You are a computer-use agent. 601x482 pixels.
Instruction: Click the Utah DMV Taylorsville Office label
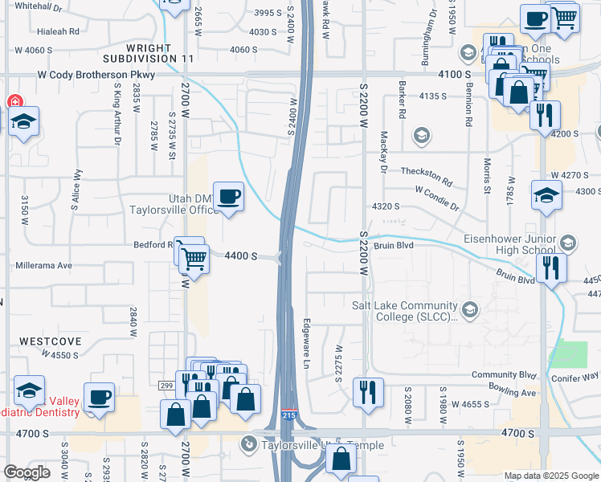point(172,204)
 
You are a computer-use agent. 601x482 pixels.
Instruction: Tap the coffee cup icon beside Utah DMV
point(229,195)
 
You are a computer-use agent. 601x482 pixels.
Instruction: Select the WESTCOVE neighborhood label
point(51,341)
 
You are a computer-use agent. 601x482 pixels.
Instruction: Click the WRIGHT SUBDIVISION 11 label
point(149,52)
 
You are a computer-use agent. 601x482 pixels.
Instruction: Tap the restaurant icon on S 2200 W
point(367,392)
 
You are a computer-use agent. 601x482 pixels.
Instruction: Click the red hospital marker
point(14,102)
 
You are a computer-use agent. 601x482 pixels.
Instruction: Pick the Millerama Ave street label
point(43,265)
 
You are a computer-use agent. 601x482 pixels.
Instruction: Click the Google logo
point(27,472)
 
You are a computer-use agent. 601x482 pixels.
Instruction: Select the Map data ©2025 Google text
point(551,476)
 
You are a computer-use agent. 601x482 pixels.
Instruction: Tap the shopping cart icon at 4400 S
point(193,258)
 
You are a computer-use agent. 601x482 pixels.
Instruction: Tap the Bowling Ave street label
point(514,393)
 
